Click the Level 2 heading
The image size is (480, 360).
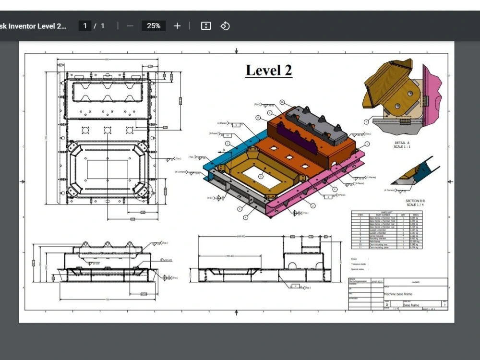tap(269, 70)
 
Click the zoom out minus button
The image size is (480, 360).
tap(130, 26)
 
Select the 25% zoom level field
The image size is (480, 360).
tap(154, 26)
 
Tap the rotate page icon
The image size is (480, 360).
tap(225, 26)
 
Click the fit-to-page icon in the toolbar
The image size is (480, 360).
tap(206, 26)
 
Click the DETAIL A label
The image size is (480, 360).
tap(401, 143)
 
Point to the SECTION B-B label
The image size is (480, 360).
tap(415, 201)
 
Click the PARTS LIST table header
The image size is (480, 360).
tap(387, 212)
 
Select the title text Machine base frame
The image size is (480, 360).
tap(398, 294)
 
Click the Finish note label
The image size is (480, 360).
tap(354, 259)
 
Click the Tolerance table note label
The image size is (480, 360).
tap(359, 264)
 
